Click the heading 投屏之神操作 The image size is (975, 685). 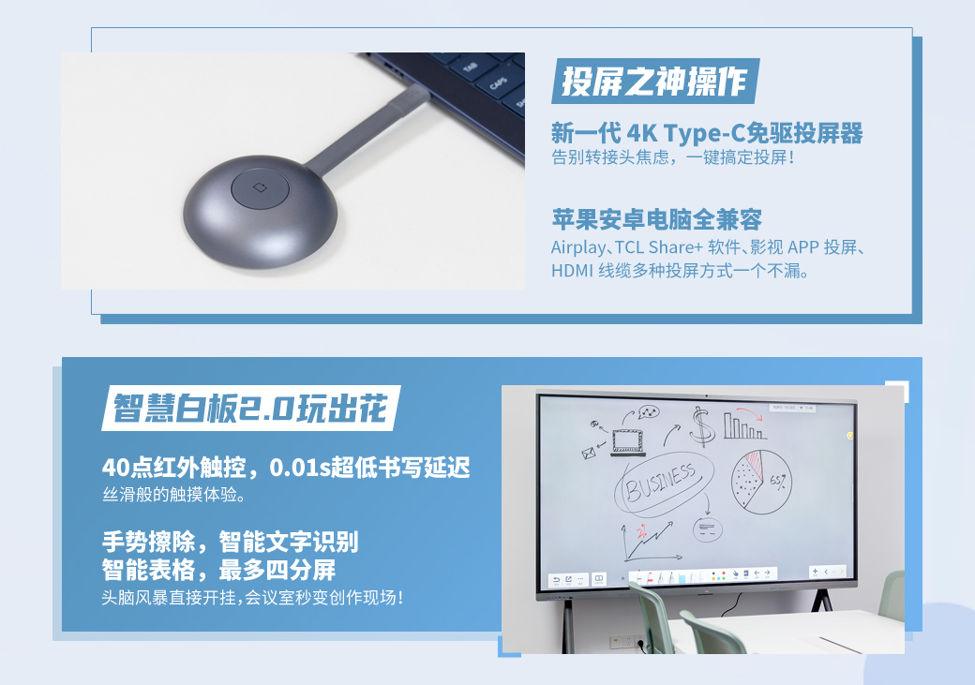654,82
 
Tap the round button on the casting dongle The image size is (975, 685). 260,187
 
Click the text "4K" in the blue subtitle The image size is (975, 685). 641,134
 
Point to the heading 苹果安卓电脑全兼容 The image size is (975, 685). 656,219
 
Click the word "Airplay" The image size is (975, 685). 577,248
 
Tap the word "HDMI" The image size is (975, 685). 572,271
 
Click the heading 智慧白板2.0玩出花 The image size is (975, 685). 250,409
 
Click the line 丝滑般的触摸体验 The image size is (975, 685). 174,495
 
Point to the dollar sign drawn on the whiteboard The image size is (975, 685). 702,425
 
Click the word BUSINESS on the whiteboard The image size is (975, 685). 660,483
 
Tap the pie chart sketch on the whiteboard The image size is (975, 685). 761,483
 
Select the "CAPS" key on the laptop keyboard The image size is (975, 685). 499,82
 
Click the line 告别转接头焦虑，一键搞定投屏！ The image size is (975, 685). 673,157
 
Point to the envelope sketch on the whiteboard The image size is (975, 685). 589,454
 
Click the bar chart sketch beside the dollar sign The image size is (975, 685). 743,427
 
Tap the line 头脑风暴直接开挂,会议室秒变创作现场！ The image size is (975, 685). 253,598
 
